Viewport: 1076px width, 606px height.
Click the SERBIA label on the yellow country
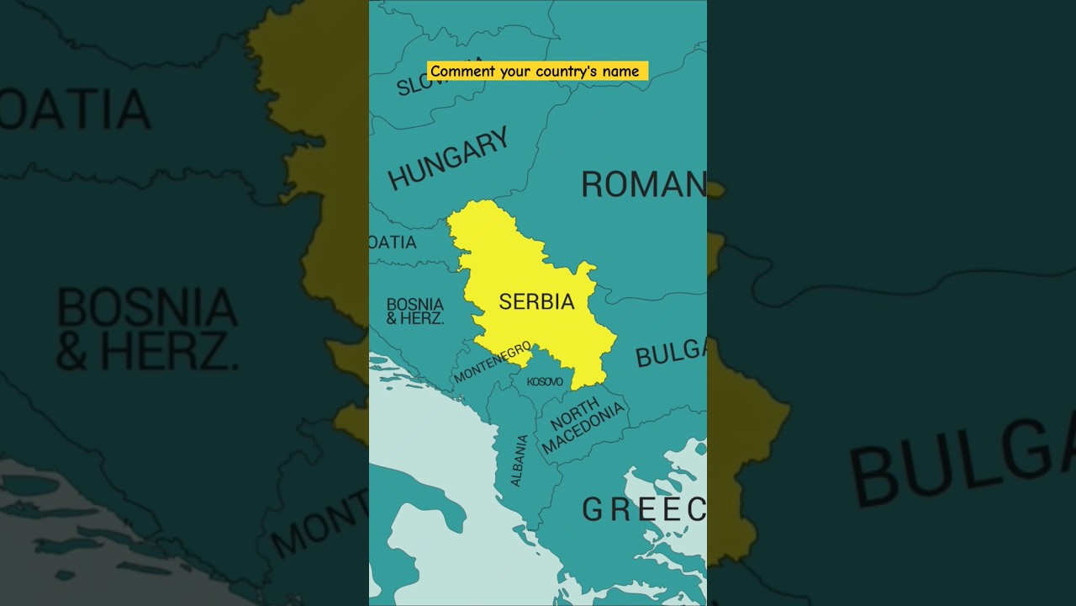536,301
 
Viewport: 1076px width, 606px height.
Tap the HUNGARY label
448,158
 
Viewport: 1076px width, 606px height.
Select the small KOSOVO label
545,382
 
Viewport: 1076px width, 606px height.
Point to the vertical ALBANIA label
520,460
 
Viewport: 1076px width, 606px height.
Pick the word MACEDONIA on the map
584,428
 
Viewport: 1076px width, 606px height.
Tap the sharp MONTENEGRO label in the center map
493,362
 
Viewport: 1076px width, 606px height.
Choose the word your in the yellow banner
514,72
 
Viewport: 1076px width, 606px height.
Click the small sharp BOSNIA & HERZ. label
414,311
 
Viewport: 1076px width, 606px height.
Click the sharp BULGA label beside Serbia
671,353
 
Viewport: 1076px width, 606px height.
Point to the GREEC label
644,509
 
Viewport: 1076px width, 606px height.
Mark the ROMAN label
643,184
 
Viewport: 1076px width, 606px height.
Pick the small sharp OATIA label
393,242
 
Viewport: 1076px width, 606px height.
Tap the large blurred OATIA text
76,109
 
